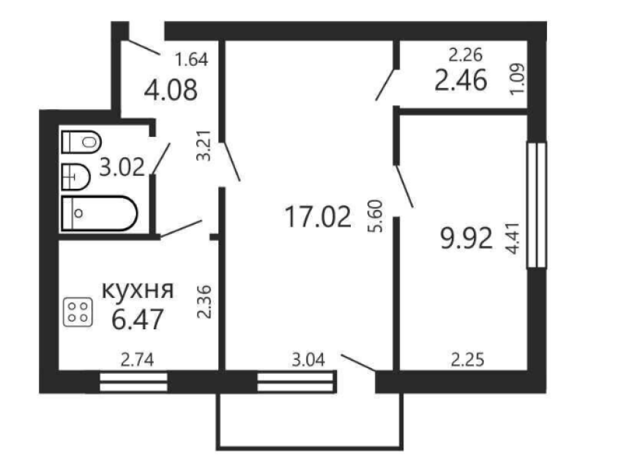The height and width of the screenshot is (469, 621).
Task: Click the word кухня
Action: [138, 290]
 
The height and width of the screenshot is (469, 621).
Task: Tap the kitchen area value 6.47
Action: [138, 320]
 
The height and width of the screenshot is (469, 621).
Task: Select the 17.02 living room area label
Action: [318, 217]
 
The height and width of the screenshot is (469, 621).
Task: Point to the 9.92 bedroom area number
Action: [466, 239]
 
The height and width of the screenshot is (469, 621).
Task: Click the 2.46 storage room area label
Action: [461, 80]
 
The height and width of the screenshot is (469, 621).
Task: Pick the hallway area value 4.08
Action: [171, 90]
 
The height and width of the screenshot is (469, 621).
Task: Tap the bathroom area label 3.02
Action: [122, 167]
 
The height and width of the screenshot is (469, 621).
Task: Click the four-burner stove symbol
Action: [78, 312]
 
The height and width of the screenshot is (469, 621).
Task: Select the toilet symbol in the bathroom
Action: [81, 141]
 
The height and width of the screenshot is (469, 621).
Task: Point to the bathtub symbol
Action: [100, 214]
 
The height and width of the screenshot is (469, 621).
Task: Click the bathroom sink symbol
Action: [75, 176]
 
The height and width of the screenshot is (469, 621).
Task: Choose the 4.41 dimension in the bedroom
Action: [513, 238]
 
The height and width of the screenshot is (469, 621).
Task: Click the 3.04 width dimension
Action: [308, 360]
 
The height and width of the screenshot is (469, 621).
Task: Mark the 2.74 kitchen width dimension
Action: [137, 360]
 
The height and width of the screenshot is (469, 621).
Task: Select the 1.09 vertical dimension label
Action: [517, 79]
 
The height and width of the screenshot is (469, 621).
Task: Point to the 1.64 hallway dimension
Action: [191, 60]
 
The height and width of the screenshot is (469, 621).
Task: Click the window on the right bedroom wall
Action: [537, 205]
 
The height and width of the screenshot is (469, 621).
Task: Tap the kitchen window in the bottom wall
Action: [133, 382]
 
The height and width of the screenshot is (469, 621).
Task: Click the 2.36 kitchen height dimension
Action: [205, 302]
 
